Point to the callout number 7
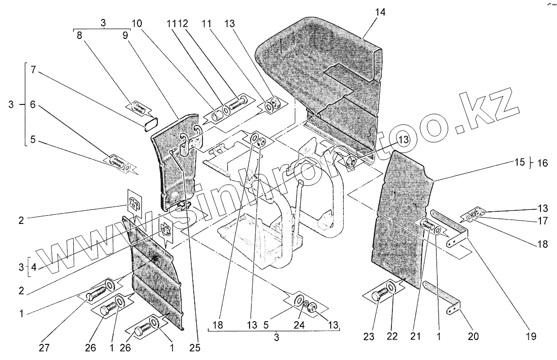34,69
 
